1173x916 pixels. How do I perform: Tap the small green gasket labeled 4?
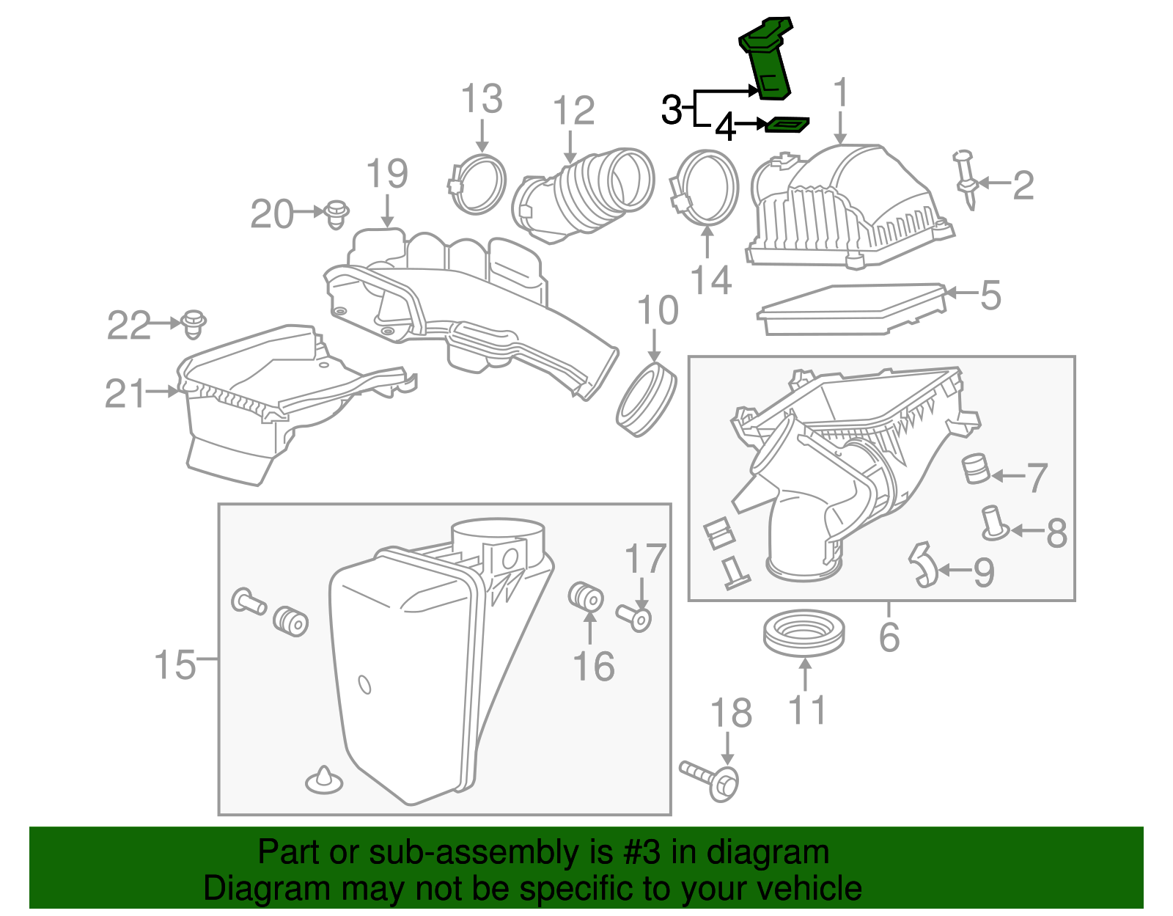[x=787, y=126]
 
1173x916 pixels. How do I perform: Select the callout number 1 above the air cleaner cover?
[x=841, y=93]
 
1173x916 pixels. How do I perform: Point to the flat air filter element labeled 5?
[x=850, y=308]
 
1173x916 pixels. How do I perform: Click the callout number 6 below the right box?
[x=889, y=637]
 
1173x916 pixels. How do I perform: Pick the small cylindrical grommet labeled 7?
[x=976, y=469]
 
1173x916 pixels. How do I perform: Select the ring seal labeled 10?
[x=645, y=400]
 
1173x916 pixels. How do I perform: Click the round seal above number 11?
[x=804, y=633]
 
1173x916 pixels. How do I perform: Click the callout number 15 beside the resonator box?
[x=174, y=664]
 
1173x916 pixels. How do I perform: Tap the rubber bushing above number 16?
[x=586, y=596]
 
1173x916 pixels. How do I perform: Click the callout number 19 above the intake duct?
[x=386, y=174]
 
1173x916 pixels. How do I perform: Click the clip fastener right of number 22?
[x=194, y=323]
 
